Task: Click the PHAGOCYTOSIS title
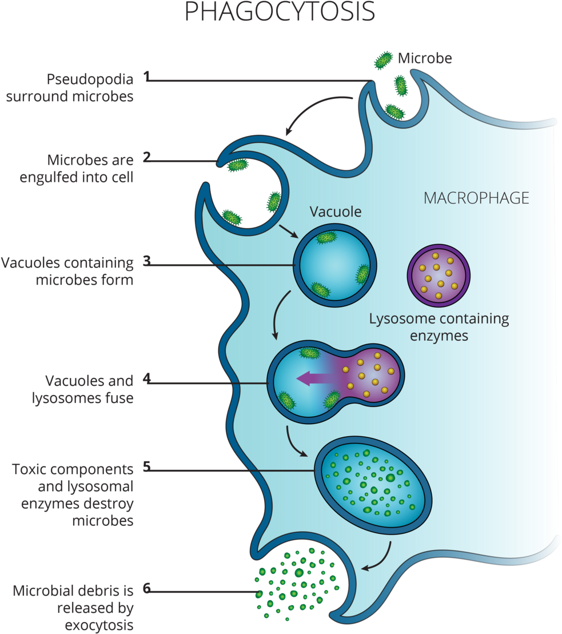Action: [280, 11]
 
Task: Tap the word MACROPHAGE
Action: [476, 198]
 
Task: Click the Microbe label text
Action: [425, 58]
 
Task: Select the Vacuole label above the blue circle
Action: [336, 212]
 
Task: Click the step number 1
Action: [147, 76]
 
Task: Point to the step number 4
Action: [147, 378]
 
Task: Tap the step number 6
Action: [147, 588]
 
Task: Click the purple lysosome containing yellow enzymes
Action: [439, 276]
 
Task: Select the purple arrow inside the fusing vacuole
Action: [314, 379]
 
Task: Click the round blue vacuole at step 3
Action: [335, 266]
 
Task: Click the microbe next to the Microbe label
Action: [383, 60]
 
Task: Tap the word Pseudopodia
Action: [90, 79]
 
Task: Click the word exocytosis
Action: [99, 625]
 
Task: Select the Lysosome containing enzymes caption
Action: [439, 327]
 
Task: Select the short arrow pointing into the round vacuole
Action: [288, 232]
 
